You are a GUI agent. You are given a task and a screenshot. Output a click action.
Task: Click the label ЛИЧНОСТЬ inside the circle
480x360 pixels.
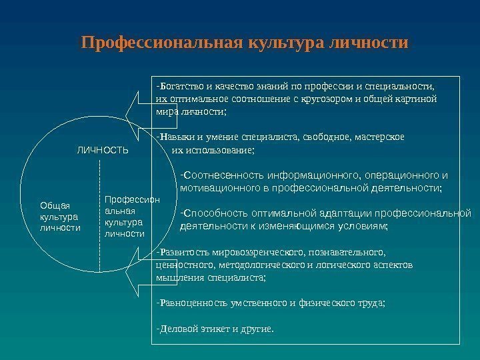(x=103, y=151)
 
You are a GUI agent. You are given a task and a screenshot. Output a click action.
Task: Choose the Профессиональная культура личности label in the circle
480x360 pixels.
(x=133, y=217)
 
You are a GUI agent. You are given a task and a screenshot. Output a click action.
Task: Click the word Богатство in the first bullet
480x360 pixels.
(x=179, y=86)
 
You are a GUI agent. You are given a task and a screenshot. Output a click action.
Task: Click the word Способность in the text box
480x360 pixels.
(x=214, y=214)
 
